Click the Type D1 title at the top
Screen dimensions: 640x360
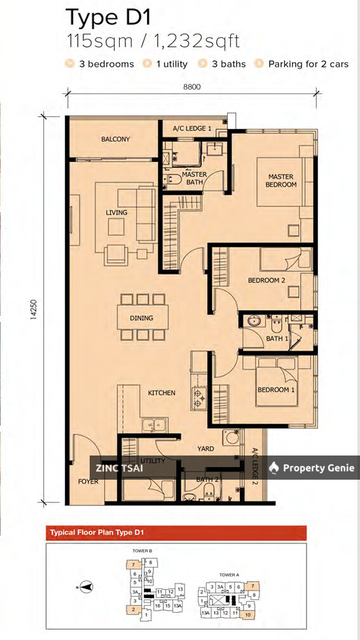click(x=112, y=17)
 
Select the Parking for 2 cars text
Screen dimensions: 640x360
click(x=308, y=64)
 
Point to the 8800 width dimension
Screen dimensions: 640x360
click(x=191, y=87)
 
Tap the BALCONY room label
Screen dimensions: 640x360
click(x=115, y=139)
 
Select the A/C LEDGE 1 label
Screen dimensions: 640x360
click(x=191, y=129)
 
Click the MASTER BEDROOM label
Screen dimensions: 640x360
click(x=280, y=181)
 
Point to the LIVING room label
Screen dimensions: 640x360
click(x=116, y=212)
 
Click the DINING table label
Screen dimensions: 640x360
click(x=141, y=317)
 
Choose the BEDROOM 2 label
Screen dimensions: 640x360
click(x=266, y=280)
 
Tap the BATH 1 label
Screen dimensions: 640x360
click(x=277, y=338)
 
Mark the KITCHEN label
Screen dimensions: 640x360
click(x=162, y=393)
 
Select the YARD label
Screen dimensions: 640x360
click(x=205, y=449)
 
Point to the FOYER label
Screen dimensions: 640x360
click(x=88, y=482)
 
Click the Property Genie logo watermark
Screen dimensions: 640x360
click(x=312, y=468)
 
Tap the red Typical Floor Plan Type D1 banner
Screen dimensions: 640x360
click(x=175, y=532)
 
